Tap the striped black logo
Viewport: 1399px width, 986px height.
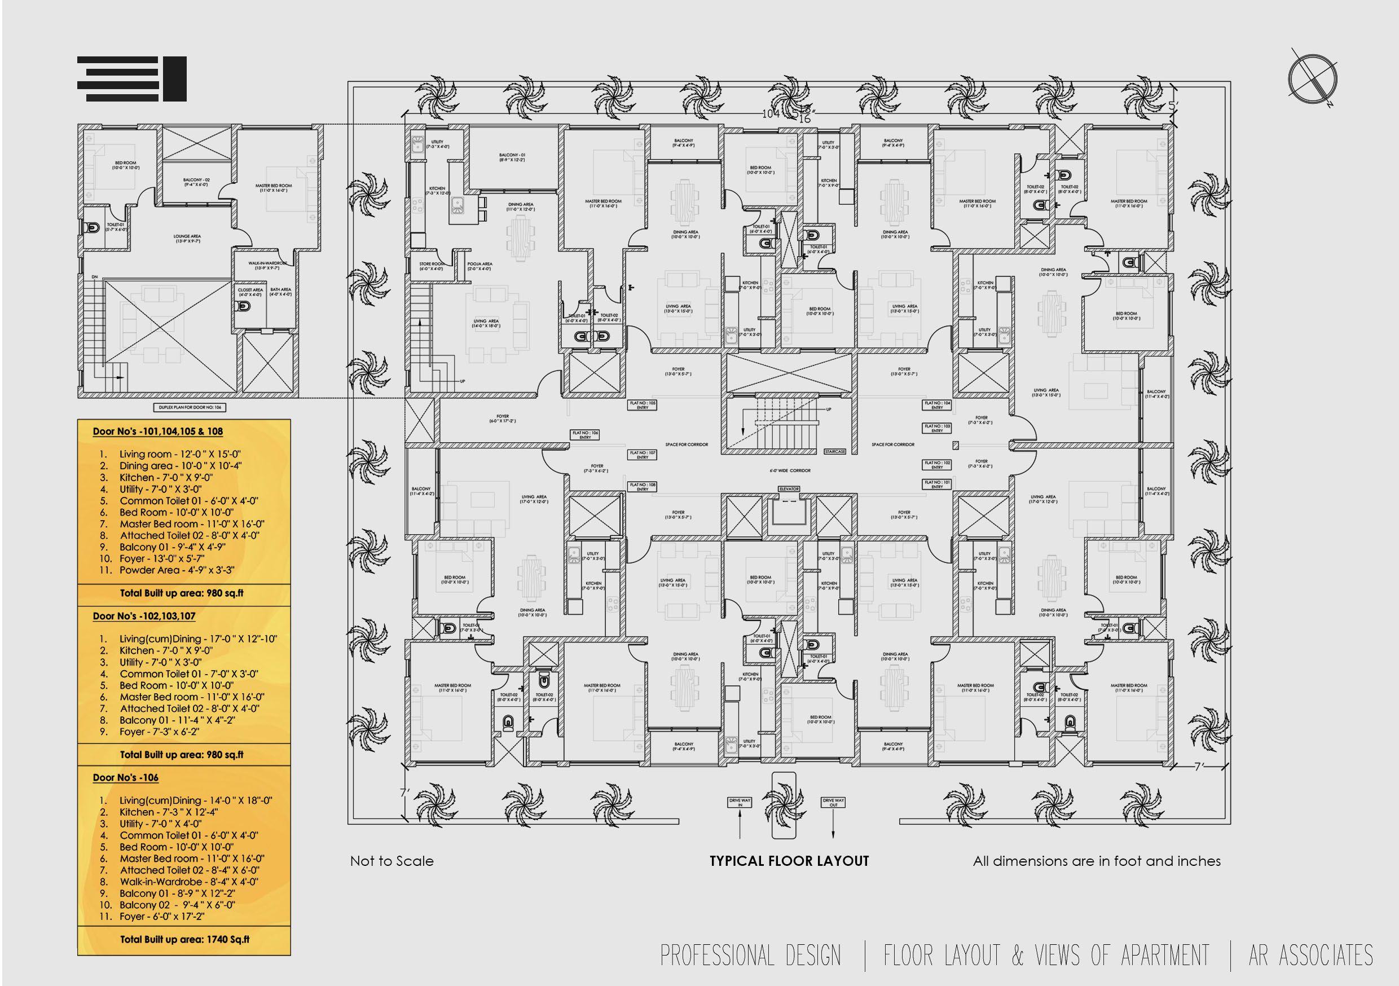pos(131,79)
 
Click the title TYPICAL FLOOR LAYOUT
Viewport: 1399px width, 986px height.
pos(789,861)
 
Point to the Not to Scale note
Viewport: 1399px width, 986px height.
pos(392,861)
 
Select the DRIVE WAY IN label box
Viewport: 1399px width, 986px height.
pos(740,803)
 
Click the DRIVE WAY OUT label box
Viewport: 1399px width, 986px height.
pos(833,803)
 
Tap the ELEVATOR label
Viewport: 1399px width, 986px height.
pos(789,488)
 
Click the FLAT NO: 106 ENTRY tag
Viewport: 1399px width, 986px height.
pos(585,434)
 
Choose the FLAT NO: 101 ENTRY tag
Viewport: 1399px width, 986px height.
pos(937,485)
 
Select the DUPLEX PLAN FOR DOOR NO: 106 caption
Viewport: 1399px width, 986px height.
pos(190,407)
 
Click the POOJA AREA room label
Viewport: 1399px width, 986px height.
pos(479,266)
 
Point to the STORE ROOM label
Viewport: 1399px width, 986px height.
pos(431,266)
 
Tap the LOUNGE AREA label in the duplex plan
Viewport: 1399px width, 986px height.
pos(187,238)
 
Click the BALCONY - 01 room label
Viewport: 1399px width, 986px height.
pos(512,157)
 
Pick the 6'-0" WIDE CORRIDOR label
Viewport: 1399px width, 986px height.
pos(790,471)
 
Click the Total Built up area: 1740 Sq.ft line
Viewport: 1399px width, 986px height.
pos(184,939)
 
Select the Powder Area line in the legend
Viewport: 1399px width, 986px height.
pos(177,570)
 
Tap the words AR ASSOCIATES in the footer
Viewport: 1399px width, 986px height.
pos(1310,955)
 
